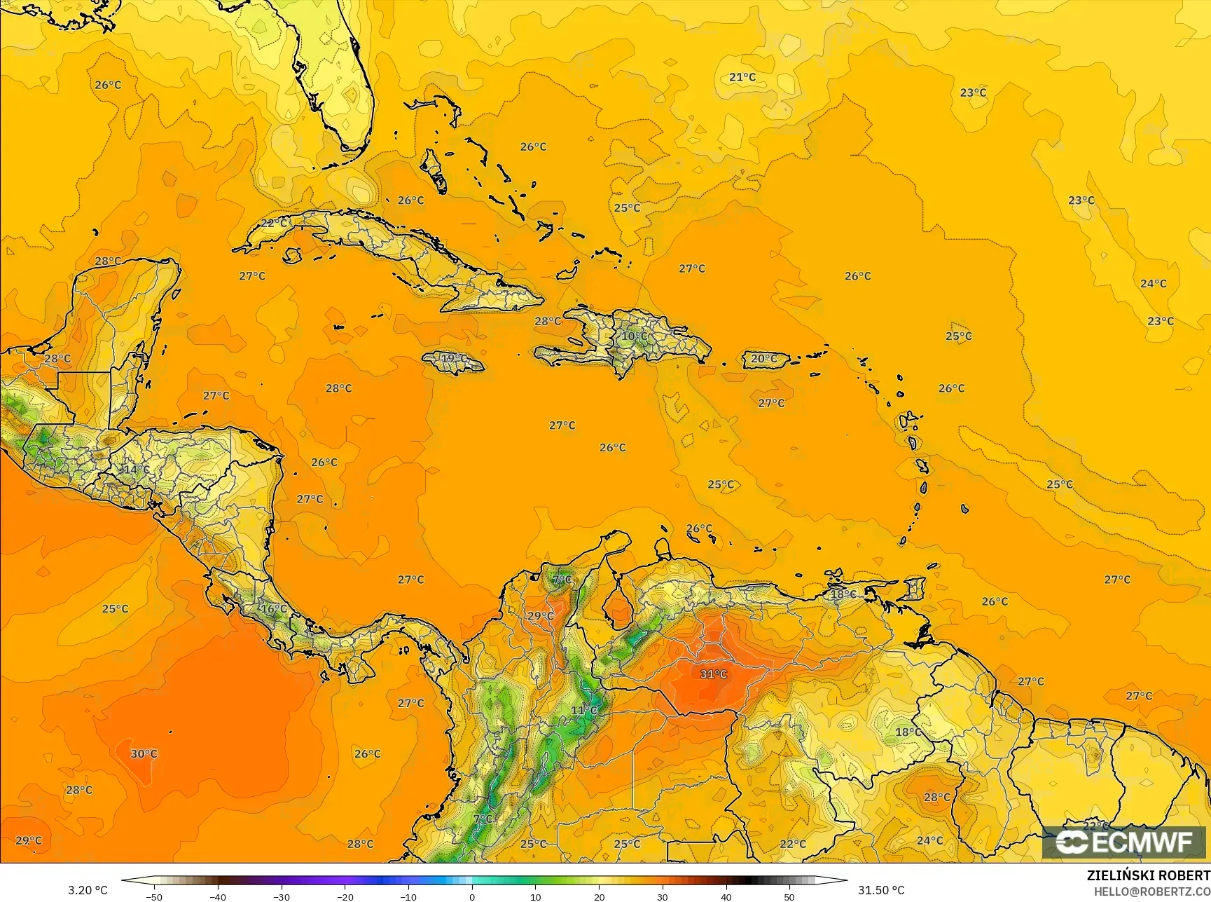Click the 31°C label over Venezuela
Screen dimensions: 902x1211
[714, 674]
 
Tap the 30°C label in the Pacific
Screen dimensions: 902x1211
[144, 754]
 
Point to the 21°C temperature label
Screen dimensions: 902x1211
[742, 77]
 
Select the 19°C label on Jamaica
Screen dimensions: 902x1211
[453, 359]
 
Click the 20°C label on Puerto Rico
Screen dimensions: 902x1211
[763, 359]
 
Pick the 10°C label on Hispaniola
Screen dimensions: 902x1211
[635, 336]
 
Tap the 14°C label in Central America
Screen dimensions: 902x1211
[136, 469]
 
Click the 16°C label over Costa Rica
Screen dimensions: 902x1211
[274, 609]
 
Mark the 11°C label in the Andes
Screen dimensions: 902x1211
[584, 711]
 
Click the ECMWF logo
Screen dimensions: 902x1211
[1123, 842]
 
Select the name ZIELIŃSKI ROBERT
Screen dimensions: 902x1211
[1148, 876]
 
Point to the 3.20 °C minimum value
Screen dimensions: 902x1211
[88, 890]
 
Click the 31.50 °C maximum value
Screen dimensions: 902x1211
[881, 890]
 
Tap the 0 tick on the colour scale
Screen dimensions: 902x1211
[472, 896]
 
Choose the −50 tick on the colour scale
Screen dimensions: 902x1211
[154, 896]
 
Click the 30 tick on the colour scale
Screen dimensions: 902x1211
[663, 896]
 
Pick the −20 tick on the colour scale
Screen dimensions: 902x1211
[345, 896]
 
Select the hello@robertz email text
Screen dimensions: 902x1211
[1152, 891]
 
